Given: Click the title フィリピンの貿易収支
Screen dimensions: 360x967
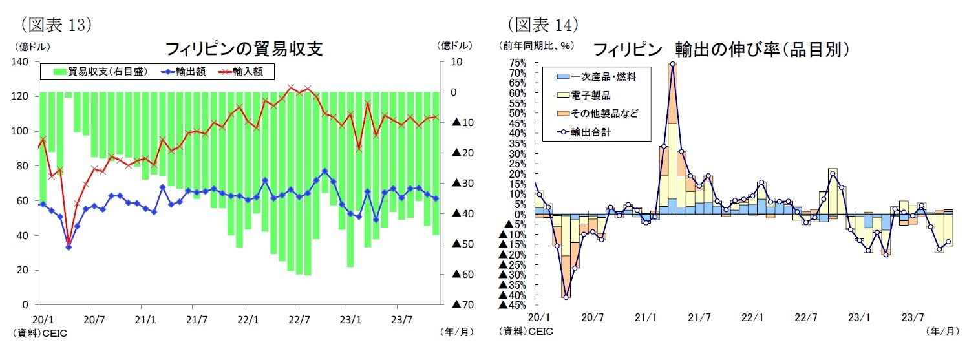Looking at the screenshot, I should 244,49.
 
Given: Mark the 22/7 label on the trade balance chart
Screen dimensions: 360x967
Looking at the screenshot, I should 295,319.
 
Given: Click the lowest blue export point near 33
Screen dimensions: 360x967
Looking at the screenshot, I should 69,247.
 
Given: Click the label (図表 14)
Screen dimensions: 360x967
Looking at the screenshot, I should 542,25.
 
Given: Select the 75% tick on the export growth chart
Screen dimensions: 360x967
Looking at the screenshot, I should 517,63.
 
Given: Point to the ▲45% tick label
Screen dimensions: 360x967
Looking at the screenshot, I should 513,304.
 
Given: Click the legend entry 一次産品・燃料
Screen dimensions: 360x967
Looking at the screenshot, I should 597,77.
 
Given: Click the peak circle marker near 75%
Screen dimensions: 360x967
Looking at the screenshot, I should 673,64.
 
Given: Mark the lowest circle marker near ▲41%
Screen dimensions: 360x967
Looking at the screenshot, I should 566,297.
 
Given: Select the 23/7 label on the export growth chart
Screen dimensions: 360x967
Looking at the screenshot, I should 912,318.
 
